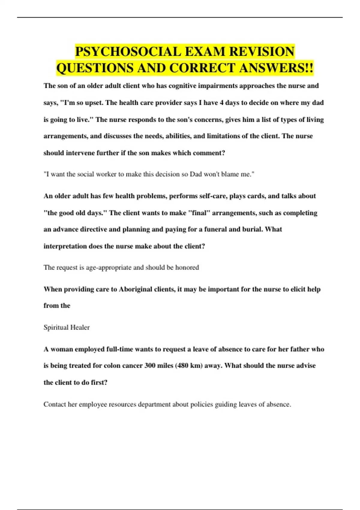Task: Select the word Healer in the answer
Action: pyautogui.click(x=80, y=327)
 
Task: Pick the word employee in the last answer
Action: pyautogui.click(x=93, y=404)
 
